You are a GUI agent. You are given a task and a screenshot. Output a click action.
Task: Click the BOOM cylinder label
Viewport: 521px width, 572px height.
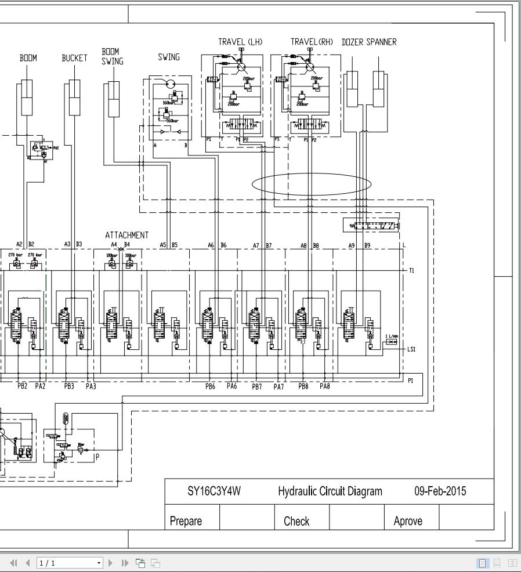pos(28,58)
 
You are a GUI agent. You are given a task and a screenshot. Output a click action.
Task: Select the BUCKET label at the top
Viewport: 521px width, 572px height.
pos(74,58)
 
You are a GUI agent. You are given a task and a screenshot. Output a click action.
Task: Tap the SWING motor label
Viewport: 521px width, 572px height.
pos(169,57)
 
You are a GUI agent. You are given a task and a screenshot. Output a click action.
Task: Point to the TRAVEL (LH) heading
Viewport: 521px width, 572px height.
pos(240,42)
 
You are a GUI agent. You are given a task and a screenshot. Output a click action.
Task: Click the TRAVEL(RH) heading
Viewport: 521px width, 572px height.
pos(312,42)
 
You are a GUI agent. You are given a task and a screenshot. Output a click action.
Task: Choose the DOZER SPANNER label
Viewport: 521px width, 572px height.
pos(369,42)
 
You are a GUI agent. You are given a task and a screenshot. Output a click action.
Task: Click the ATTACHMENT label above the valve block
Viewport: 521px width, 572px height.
pos(126,235)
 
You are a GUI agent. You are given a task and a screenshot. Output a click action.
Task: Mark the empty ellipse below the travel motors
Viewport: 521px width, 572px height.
pos(312,184)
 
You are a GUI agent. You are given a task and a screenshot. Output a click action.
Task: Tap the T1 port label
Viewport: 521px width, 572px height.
pos(411,271)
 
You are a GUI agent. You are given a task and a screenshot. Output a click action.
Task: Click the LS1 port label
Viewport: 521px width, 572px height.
pos(411,349)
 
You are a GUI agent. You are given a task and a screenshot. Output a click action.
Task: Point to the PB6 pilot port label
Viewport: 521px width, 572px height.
pos(210,386)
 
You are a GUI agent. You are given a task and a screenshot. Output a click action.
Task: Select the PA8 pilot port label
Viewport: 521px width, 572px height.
pos(324,386)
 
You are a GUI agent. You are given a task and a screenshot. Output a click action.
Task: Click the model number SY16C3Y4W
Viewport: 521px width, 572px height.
pos(214,491)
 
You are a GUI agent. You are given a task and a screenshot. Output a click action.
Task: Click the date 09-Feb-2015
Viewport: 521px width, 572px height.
pos(439,491)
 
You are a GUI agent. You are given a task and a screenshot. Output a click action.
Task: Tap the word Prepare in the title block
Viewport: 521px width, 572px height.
pos(186,521)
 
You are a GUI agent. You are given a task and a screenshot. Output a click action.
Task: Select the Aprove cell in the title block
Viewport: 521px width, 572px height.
pos(408,521)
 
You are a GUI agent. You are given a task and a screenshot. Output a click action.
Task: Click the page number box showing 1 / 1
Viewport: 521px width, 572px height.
pos(68,563)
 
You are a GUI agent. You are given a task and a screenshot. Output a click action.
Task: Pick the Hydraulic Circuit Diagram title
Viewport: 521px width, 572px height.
pos(330,491)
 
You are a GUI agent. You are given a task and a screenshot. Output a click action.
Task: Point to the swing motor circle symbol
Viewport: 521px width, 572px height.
pos(170,85)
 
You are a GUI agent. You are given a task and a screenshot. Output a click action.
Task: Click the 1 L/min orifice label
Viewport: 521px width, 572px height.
pos(392,336)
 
